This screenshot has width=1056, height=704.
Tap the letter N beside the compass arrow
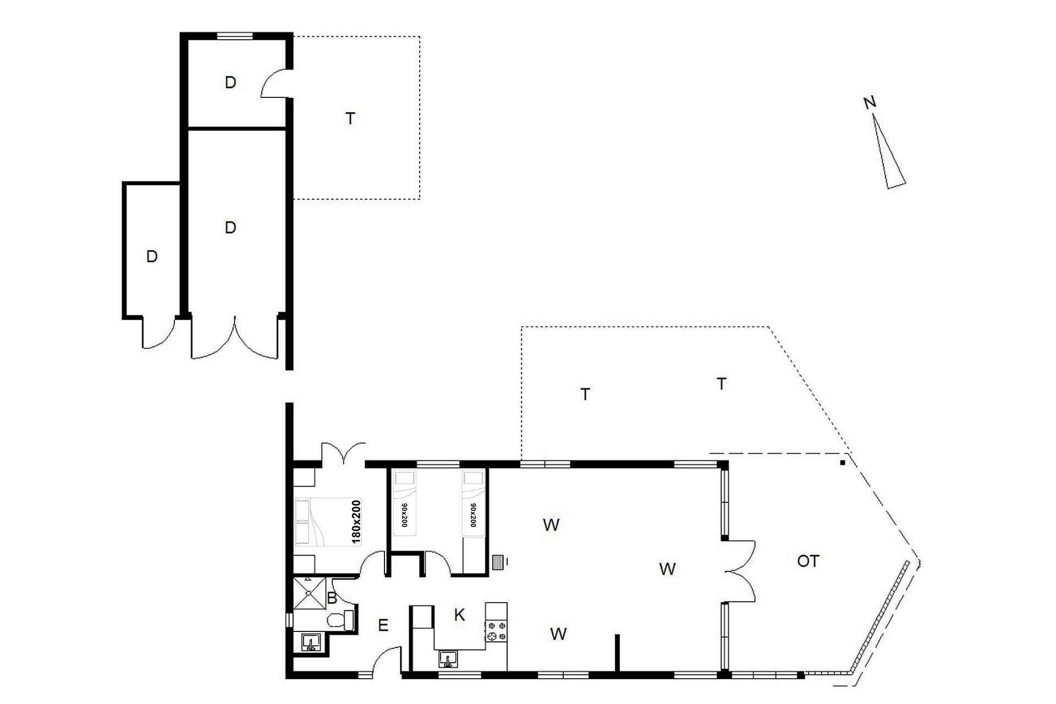point(870,102)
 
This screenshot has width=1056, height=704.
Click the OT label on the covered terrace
point(808,561)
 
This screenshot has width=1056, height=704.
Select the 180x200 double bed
point(328,522)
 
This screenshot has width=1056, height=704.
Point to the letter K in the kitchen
point(459,615)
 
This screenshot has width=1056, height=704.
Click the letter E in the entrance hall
point(383,625)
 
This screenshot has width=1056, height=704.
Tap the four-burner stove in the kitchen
point(496,630)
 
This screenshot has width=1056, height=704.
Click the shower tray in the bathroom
point(310,593)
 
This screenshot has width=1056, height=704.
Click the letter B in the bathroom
point(332,598)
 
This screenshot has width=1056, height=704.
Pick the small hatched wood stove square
point(499,562)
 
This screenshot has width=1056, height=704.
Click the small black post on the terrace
point(842,463)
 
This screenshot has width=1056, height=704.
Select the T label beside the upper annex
point(350,118)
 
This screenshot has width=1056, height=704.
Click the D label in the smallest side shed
point(152,256)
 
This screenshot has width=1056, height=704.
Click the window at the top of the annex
point(235,36)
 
